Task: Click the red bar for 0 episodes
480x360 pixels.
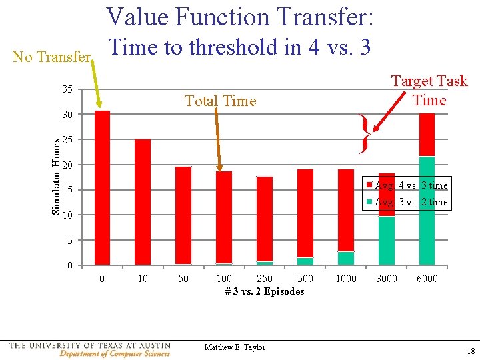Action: coord(102,187)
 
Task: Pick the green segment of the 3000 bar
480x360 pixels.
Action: coord(387,240)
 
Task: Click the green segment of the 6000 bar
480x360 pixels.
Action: coord(427,210)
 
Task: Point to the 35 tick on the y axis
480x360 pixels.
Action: coord(68,89)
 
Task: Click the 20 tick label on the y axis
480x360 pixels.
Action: coord(68,165)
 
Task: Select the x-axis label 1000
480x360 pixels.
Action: coord(346,278)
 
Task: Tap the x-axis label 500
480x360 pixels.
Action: coord(305,278)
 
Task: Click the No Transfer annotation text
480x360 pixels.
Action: coord(51,57)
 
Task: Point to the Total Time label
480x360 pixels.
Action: coord(220,101)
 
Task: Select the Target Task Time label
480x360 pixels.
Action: coord(429,91)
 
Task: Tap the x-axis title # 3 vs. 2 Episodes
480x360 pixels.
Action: coord(265,291)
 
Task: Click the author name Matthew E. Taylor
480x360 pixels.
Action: coord(235,347)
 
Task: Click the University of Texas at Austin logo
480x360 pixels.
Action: coord(90,349)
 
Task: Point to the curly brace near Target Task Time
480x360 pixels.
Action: coord(364,134)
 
